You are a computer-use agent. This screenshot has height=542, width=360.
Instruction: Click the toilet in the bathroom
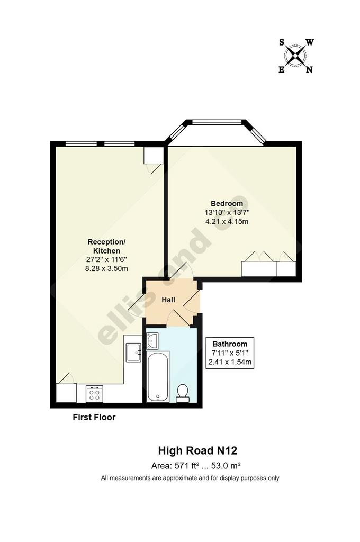point(183,394)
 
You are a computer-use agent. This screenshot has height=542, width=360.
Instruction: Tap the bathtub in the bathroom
point(158,377)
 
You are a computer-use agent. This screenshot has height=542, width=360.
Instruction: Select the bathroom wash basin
point(152,341)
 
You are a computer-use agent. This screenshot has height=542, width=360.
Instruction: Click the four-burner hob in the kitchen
point(94,393)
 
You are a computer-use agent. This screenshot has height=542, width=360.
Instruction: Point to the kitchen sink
point(133,353)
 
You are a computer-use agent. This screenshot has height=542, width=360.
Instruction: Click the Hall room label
point(168,300)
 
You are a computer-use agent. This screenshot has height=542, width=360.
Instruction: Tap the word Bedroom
point(227,204)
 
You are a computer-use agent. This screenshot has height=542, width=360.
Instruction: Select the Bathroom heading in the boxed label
point(230,344)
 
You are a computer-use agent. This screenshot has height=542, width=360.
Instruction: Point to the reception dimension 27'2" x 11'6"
point(107,259)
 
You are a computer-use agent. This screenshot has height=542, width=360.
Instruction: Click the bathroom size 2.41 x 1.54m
point(230,362)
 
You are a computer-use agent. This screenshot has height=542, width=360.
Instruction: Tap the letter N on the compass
point(309,70)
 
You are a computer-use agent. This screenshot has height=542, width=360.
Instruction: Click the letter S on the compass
point(282,42)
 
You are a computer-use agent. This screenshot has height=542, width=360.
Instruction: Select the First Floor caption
point(94,417)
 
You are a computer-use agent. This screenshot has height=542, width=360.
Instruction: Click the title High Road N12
point(197,451)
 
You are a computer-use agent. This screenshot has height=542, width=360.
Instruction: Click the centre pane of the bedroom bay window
point(217,122)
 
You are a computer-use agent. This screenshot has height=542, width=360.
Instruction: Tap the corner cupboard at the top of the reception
point(154,156)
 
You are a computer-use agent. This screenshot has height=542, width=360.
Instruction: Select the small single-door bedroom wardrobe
point(286,269)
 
